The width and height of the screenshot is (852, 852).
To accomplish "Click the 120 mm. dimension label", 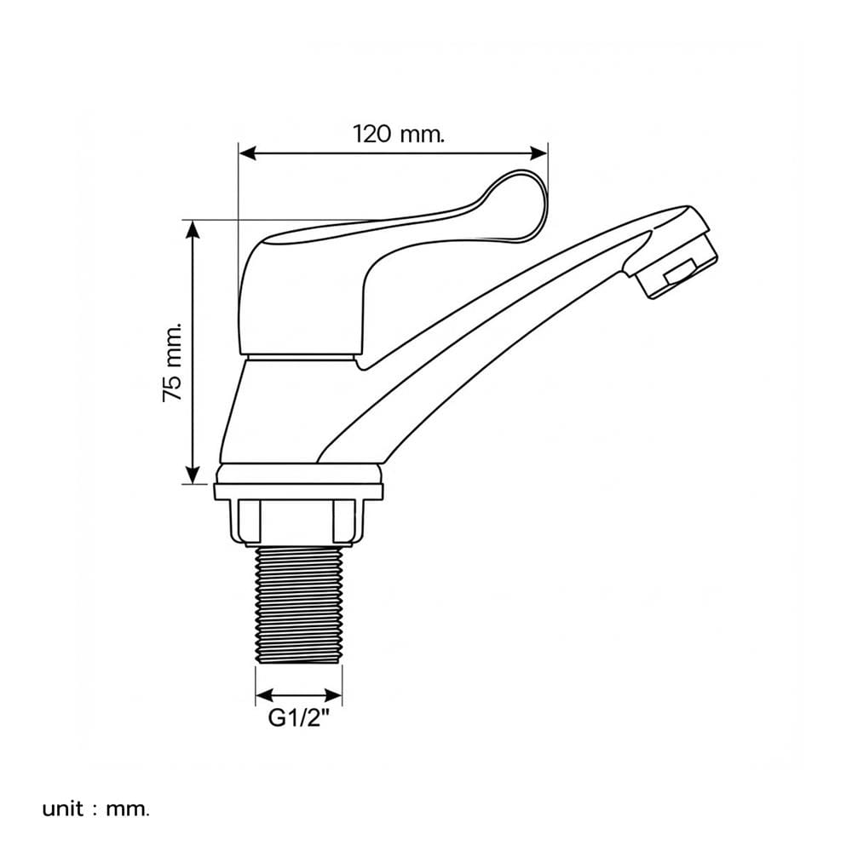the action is (399, 134).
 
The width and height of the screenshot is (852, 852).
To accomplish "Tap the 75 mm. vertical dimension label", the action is (172, 362).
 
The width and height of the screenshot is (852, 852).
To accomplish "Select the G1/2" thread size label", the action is (299, 718).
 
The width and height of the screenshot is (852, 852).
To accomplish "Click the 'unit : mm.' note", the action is (95, 809).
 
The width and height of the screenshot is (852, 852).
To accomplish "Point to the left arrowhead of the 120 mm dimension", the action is (248, 153).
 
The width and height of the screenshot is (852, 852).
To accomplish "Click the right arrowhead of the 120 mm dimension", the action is (538, 153).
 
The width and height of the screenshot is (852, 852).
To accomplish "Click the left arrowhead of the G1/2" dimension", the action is (264, 695).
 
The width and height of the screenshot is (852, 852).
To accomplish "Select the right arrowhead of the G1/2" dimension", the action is (334, 695).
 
